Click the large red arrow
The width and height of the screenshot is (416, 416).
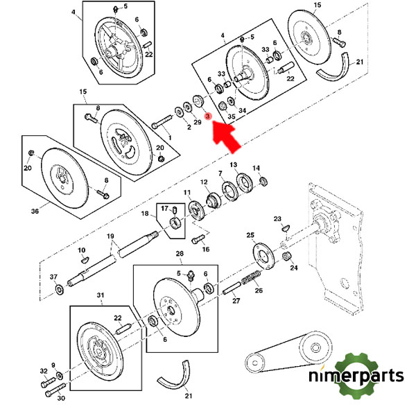click(x=226, y=136)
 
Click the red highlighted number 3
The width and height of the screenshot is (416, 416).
click(x=208, y=116)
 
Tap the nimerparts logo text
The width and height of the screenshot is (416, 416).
click(x=356, y=376)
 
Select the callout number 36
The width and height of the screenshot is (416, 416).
click(x=35, y=211)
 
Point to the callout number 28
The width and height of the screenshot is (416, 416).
click(x=180, y=254)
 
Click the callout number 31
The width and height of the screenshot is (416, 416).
click(x=101, y=295)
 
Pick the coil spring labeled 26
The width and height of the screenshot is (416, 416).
click(x=252, y=278)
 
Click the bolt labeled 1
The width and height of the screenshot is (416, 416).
click(x=162, y=121)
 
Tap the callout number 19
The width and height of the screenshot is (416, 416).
click(x=110, y=236)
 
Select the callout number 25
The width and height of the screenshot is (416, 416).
click(x=250, y=235)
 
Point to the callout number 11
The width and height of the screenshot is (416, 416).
click(x=187, y=192)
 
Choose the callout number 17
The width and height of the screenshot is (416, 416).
click(x=164, y=208)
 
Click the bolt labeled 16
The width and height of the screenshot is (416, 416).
click(x=198, y=239)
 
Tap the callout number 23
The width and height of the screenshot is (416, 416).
click(x=277, y=219)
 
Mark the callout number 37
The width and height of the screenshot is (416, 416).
click(x=53, y=277)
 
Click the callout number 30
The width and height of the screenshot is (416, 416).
click(x=61, y=398)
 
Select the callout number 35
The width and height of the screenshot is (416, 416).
click(x=232, y=116)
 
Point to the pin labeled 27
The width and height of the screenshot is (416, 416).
click(x=232, y=288)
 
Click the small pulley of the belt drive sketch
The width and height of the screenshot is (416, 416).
click(x=254, y=363)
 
